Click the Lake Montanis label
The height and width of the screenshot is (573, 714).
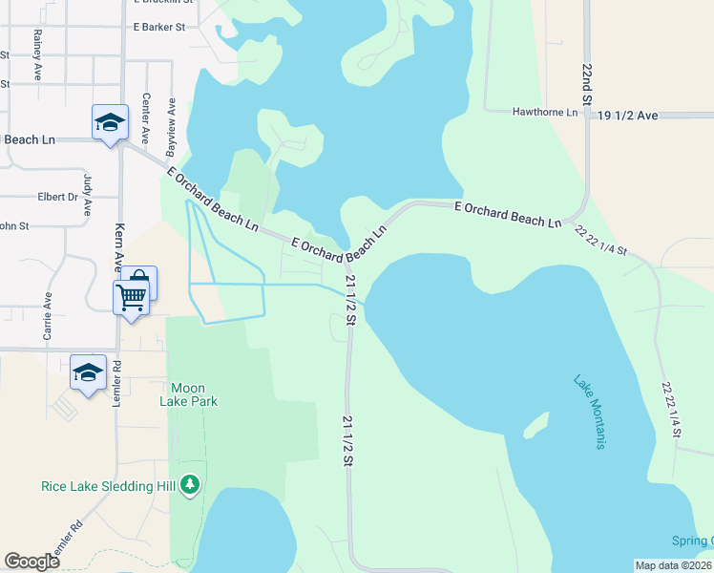(x=590, y=412)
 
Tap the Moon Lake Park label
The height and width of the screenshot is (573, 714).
(x=195, y=394)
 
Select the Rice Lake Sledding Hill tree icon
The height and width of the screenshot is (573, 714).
(x=191, y=485)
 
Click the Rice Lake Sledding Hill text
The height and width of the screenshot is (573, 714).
(x=109, y=486)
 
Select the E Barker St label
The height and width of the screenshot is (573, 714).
(x=159, y=28)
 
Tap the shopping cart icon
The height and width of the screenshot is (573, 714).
(x=131, y=296)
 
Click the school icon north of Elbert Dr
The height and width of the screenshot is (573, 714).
(x=110, y=122)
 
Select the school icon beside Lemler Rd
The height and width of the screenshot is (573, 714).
(x=88, y=371)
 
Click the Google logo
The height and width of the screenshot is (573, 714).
(x=32, y=561)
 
